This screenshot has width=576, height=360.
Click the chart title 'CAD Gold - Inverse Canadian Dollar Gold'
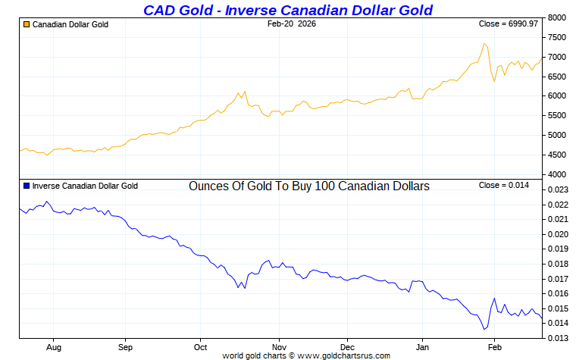288,10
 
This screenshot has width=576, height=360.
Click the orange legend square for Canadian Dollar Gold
27,24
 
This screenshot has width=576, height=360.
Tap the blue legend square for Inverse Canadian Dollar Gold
27,185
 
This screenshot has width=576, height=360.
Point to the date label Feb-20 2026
292,24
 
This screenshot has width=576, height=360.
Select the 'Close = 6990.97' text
509,24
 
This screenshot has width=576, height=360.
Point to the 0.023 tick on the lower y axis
557,190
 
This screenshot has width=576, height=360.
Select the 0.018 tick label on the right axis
557,264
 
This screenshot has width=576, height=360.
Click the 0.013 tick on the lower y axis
557,338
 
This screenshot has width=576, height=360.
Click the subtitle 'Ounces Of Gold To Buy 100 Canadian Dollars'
308,186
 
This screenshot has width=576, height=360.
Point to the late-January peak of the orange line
484,43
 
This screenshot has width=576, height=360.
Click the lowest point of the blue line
484,330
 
